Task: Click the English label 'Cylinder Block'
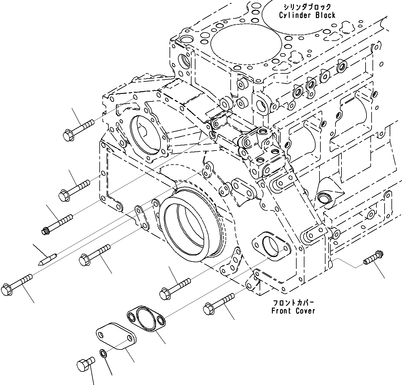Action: (x=307, y=15)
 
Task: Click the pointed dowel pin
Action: (x=47, y=259)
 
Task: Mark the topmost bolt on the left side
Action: (x=78, y=129)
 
